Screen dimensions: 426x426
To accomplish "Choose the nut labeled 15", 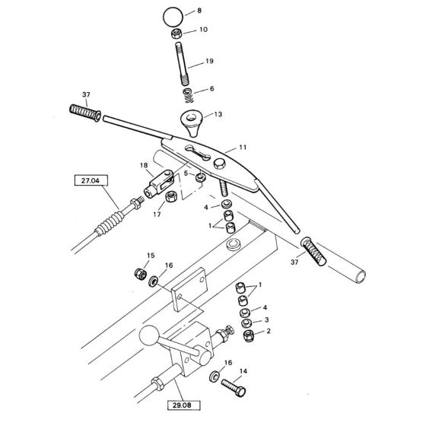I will click(138, 273).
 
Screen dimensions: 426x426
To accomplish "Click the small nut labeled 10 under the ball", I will click(175, 34).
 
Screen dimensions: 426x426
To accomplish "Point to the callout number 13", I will click(218, 115).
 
